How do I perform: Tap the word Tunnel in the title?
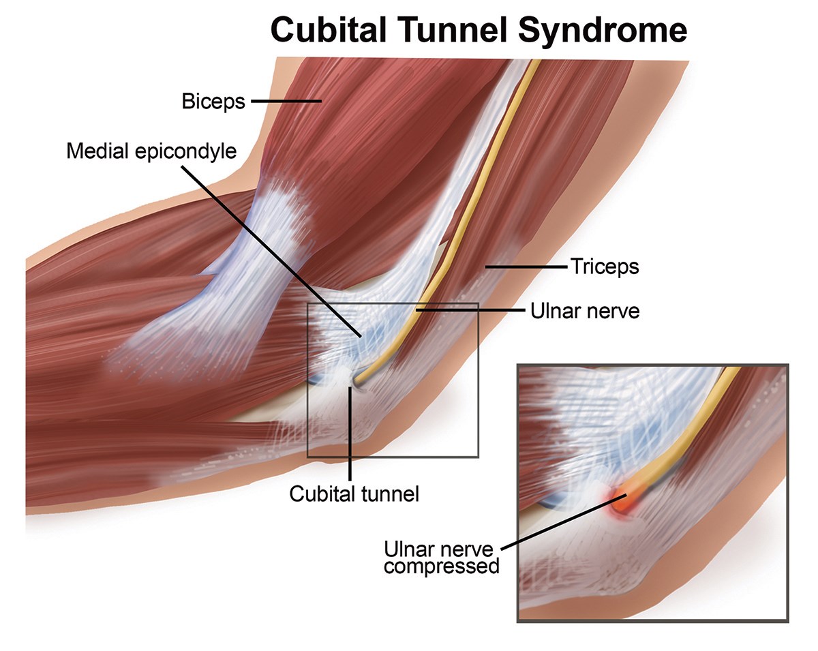pyautogui.click(x=449, y=30)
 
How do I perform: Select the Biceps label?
pyautogui.click(x=213, y=102)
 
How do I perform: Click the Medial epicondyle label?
pyautogui.click(x=151, y=151)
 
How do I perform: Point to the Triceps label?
pyautogui.click(x=605, y=266)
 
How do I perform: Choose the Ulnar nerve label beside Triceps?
pyautogui.click(x=585, y=312)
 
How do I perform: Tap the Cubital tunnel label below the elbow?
pyautogui.click(x=354, y=493)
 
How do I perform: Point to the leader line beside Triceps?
pyautogui.click(x=525, y=267)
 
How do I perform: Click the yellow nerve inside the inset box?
pyautogui.click(x=695, y=423)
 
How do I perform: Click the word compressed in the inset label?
pyautogui.click(x=441, y=566)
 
